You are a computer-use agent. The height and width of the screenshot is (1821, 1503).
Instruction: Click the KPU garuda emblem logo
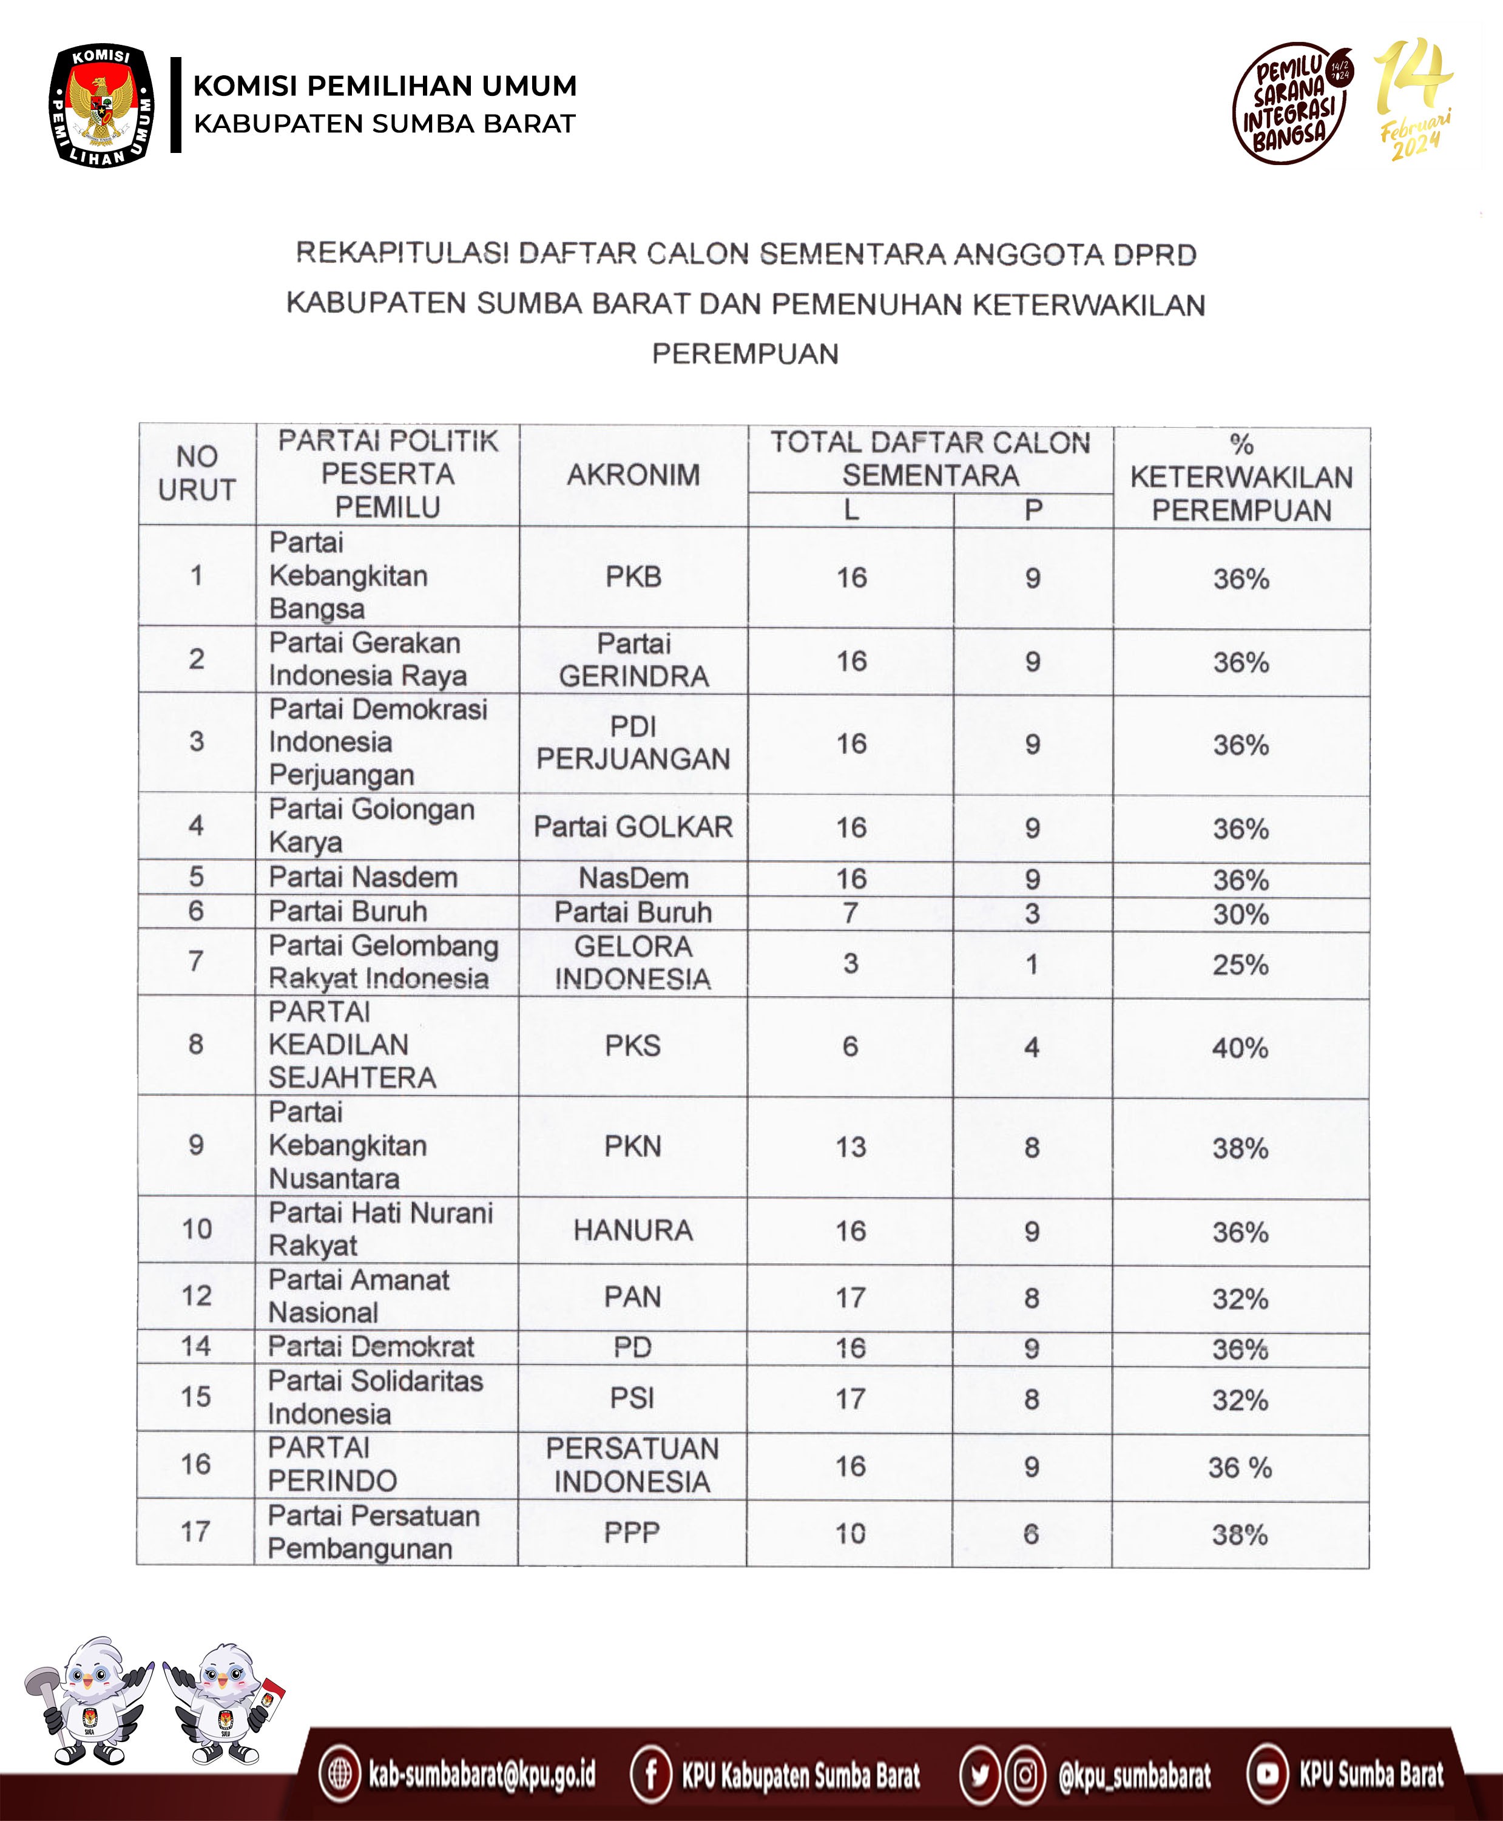[101, 106]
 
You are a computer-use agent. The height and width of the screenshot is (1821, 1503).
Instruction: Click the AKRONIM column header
[633, 475]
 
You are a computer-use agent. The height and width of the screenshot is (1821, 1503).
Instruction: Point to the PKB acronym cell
[633, 577]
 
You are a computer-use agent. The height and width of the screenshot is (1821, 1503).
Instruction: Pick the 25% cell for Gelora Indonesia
[1240, 965]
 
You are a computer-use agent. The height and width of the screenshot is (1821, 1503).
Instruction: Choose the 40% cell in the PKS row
[1240, 1048]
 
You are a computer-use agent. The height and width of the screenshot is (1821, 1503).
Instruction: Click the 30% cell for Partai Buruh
[1240, 914]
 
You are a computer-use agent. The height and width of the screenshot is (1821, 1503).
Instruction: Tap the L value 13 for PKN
[850, 1147]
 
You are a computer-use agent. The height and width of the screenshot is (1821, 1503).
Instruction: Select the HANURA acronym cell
[633, 1230]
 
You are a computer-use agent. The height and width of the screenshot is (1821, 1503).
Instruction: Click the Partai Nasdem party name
[363, 877]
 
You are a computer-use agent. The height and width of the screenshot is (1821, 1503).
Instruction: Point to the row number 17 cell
[195, 1532]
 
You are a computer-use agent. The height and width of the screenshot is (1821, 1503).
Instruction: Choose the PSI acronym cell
[632, 1397]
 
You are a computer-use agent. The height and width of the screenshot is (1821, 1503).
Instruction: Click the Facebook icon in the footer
[651, 1774]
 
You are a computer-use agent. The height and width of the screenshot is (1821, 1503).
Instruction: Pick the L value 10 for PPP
[850, 1533]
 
